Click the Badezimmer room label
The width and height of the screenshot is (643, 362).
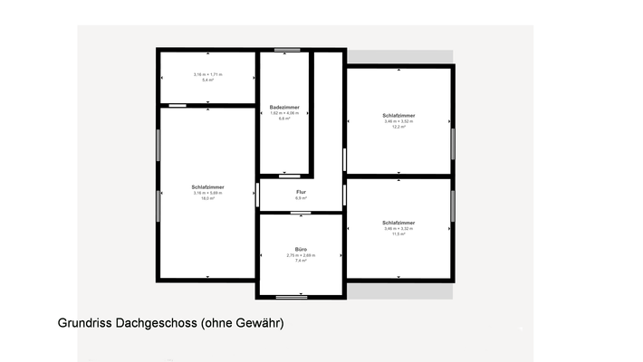[284, 107]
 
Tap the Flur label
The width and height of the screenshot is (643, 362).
[301, 192]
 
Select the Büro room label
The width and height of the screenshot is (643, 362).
[301, 249]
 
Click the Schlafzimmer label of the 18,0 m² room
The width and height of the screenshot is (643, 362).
[207, 187]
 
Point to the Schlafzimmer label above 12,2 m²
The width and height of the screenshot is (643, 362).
[398, 116]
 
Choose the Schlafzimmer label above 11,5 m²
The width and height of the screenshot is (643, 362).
[398, 223]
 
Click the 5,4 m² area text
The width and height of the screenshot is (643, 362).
[207, 81]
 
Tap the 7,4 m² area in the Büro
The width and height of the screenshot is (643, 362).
[301, 261]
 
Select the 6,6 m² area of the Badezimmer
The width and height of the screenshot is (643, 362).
[284, 119]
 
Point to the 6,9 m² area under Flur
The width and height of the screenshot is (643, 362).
[301, 198]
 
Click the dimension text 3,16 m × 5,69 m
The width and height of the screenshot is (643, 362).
[207, 193]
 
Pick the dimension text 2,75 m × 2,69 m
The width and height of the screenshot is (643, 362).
[301, 255]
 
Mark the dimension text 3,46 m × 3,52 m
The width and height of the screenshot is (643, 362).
[398, 121]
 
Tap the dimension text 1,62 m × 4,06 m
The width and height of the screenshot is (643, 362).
[284, 113]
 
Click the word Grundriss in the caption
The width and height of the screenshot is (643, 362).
[84, 323]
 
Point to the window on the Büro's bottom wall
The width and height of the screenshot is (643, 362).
[292, 297]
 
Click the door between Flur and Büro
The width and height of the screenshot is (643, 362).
[301, 213]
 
